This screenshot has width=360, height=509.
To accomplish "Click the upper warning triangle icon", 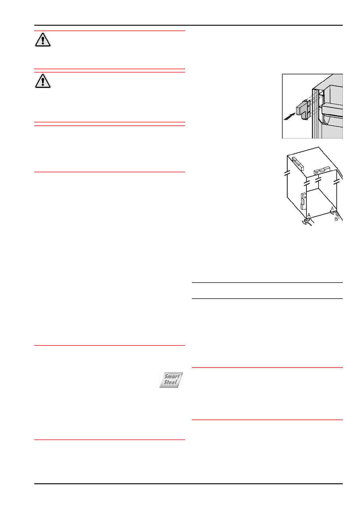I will tap(43, 40).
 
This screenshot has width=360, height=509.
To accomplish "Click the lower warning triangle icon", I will tap(43, 81).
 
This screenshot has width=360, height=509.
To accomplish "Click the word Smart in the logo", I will tap(172, 376).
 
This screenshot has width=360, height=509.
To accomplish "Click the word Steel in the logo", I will tap(170, 382).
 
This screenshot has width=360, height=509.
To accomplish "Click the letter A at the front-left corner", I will tap(309, 215).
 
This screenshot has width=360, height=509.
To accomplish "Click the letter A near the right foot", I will tap(332, 209).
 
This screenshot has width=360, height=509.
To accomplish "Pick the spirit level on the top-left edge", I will tap(298, 163).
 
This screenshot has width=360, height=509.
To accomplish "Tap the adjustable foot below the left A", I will tap(307, 221).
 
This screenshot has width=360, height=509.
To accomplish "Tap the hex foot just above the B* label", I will tap(338, 214).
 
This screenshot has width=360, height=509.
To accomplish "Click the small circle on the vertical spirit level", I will tap(305, 197).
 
